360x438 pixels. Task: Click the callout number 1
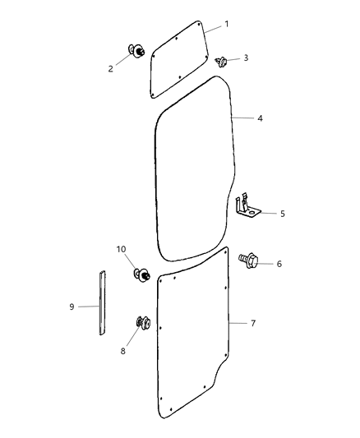coord(228,24)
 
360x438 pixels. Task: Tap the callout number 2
coord(111,69)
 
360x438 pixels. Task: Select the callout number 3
coord(245,58)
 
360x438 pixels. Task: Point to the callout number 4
coord(260,118)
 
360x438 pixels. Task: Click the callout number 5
coord(282,214)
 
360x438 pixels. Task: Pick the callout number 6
coord(279,264)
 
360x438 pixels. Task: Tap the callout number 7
coord(252,323)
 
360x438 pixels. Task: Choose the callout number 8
coord(123,351)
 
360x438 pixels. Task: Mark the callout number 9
coord(72,307)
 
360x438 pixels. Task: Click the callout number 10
coord(121,249)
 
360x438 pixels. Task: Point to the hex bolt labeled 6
coord(248,260)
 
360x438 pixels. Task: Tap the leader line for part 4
coord(242,118)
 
